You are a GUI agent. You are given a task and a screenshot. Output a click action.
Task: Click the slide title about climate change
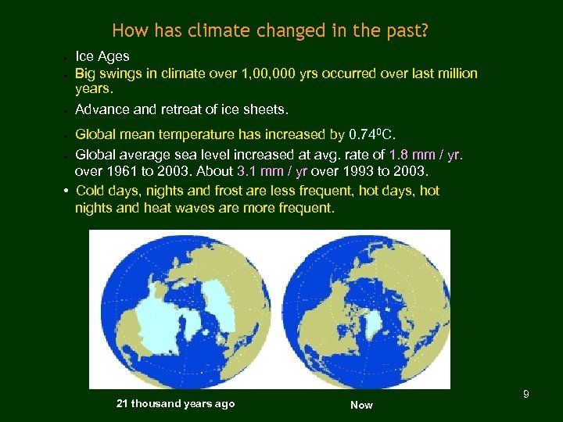(270, 31)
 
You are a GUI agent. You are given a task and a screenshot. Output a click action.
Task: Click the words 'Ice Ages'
(102, 56)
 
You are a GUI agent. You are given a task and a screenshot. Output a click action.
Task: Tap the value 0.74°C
(382, 134)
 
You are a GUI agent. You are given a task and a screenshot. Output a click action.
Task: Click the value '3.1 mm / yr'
(272, 171)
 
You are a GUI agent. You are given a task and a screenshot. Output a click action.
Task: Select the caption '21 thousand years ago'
(175, 403)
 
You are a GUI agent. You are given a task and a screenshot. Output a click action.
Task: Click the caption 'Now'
(361, 405)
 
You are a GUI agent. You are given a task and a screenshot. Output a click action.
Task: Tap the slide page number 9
(526, 394)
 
